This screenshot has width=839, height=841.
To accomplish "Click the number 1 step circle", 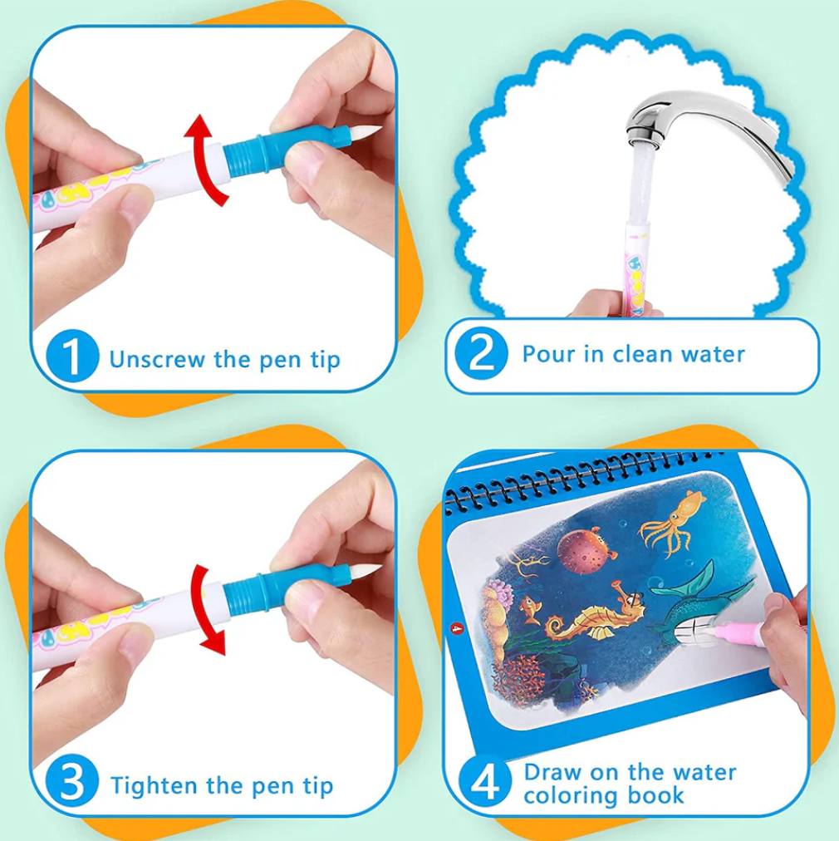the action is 72,356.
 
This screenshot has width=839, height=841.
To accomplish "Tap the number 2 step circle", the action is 481,353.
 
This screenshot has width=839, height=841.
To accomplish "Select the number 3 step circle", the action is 72,780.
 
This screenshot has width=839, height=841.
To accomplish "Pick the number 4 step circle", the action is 485,781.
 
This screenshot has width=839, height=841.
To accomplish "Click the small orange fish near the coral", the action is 530,609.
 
